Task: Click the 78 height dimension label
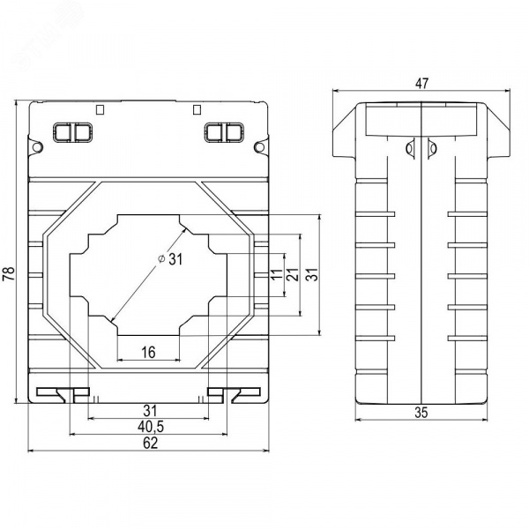(x=9, y=273)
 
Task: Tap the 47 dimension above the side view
(x=421, y=84)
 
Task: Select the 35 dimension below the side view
(x=421, y=413)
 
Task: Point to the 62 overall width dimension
(x=150, y=443)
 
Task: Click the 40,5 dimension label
(x=151, y=427)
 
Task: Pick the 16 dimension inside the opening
(x=148, y=352)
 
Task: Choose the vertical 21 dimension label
(x=293, y=274)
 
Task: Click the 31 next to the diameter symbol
(x=175, y=259)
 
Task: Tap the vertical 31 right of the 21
(x=312, y=274)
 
